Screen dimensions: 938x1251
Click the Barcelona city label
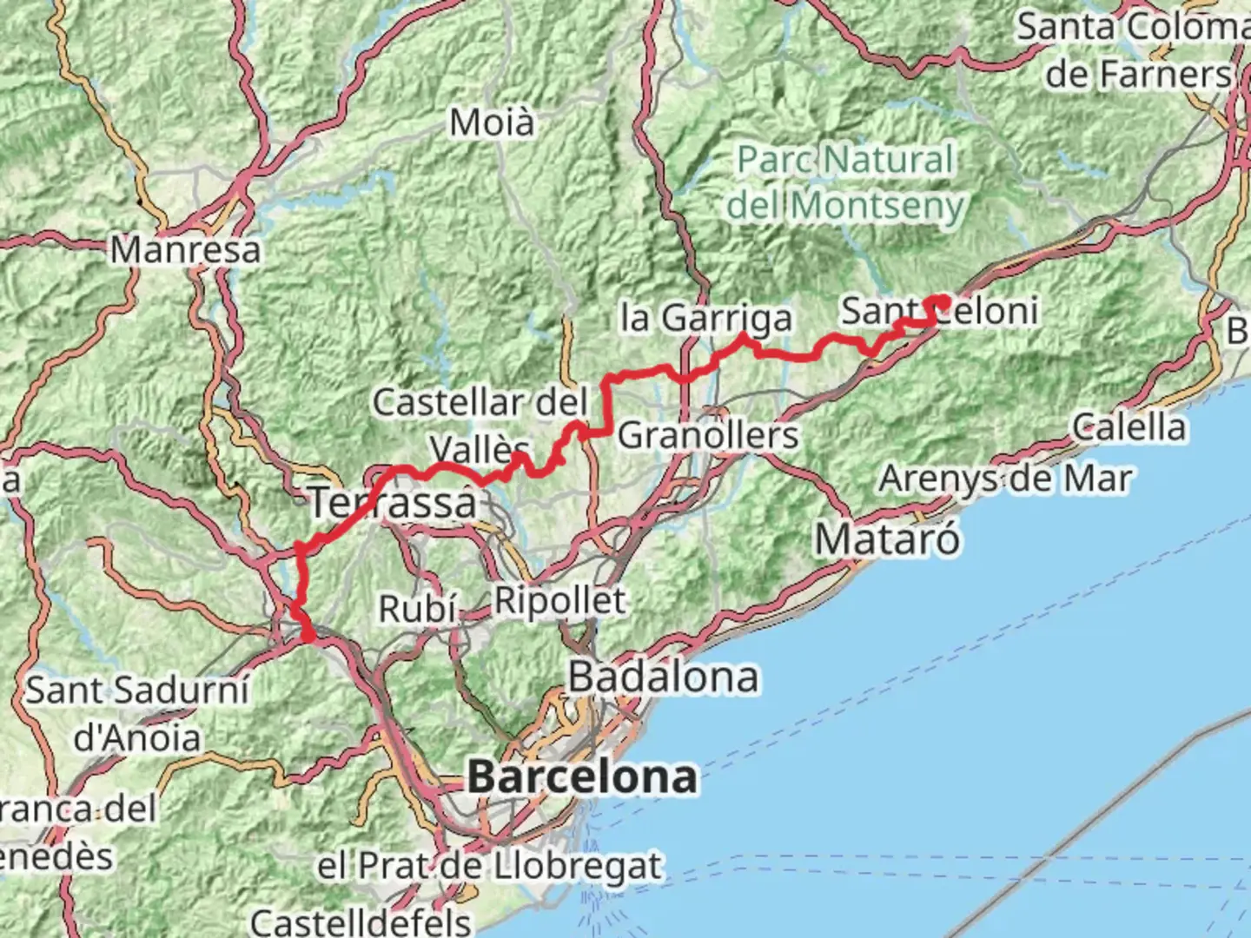click(582, 776)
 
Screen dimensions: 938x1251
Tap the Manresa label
click(185, 250)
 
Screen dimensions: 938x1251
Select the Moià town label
click(492, 122)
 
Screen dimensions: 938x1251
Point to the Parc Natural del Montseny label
click(845, 182)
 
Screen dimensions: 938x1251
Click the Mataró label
click(887, 539)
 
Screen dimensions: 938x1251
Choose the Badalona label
click(664, 677)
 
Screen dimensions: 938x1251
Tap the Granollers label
click(708, 434)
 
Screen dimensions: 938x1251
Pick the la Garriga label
click(706, 318)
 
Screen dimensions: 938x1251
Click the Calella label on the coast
click(1129, 426)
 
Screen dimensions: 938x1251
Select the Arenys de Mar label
click(1005, 479)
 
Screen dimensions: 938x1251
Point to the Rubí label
click(418, 609)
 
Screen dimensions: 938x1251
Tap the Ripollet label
click(559, 600)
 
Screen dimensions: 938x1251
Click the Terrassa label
click(394, 502)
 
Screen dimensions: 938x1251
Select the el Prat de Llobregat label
click(489, 866)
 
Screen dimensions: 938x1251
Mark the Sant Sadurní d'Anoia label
click(137, 714)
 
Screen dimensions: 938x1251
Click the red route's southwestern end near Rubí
click(307, 637)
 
